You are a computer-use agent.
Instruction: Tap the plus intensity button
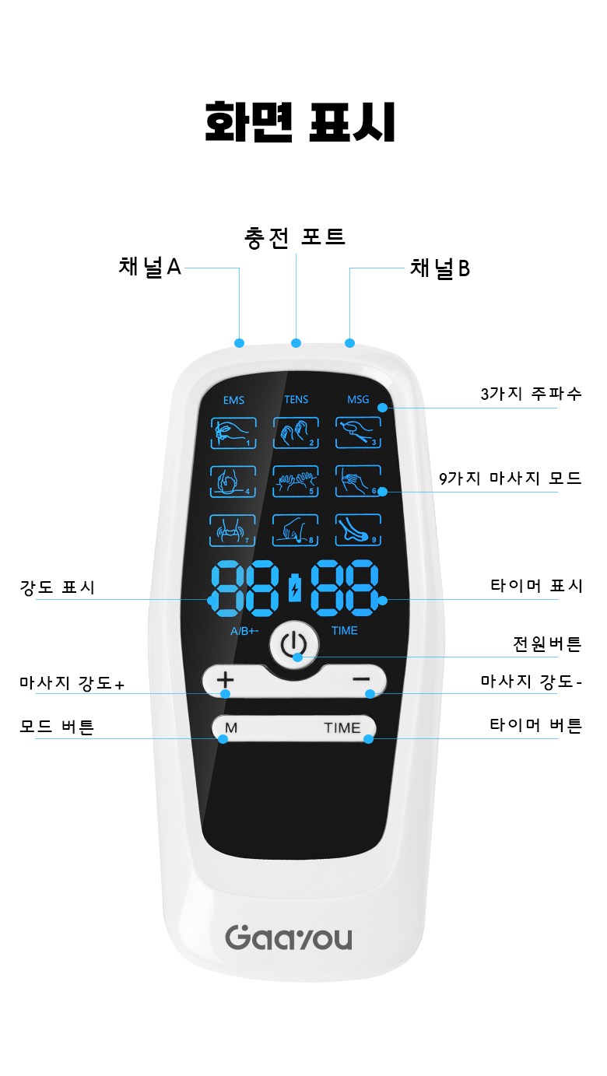(225, 680)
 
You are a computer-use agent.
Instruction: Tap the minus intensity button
(361, 679)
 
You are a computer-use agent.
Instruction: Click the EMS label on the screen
(233, 400)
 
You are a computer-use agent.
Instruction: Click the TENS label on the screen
(296, 400)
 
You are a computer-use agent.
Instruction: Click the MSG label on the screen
(358, 400)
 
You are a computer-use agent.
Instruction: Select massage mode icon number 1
(233, 433)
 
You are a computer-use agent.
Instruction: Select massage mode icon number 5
(296, 481)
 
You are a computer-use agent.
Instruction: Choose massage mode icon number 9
(358, 530)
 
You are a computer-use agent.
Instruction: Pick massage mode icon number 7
(233, 530)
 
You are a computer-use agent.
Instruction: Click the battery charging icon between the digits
(295, 587)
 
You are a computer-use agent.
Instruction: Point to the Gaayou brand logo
(289, 938)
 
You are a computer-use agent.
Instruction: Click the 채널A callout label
(150, 267)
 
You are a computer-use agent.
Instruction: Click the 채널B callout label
(440, 268)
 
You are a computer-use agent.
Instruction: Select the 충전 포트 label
(295, 237)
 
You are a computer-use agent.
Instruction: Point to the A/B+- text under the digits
(244, 631)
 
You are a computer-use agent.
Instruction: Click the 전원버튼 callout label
(547, 643)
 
